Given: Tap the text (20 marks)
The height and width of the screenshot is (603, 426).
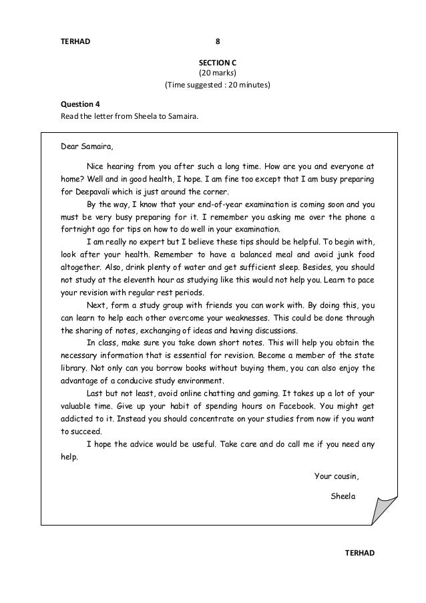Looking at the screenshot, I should (217, 73).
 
